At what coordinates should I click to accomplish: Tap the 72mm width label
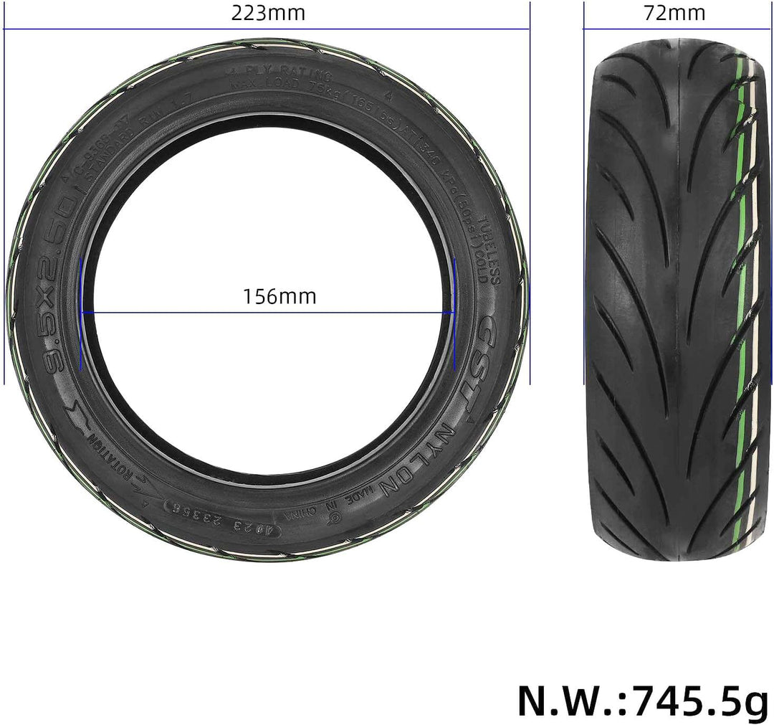[675, 13]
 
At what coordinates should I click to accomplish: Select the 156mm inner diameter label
[279, 296]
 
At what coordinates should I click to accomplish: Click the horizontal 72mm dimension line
[675, 29]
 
